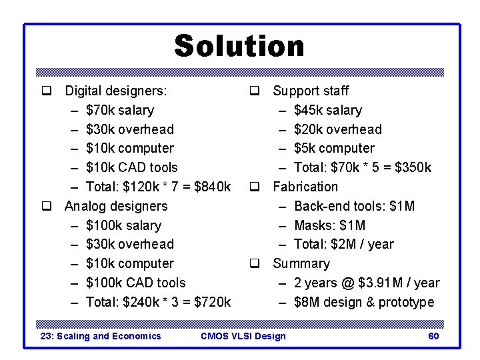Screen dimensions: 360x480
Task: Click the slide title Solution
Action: (x=239, y=46)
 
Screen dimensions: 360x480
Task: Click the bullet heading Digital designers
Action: (x=115, y=91)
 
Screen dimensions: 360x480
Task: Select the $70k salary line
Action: (x=120, y=110)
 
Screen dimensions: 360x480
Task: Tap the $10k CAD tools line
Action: (x=132, y=167)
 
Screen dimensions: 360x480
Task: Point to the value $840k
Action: (x=212, y=187)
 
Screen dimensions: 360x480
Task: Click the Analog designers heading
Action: (x=115, y=206)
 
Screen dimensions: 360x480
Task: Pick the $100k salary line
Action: (x=123, y=225)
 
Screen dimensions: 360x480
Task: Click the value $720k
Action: (x=212, y=302)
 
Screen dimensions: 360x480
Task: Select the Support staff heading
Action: (x=311, y=91)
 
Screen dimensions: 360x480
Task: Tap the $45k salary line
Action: (x=328, y=110)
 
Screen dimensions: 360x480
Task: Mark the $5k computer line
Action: (x=334, y=148)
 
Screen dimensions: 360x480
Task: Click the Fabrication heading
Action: (x=305, y=187)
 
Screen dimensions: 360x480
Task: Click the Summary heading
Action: (x=301, y=263)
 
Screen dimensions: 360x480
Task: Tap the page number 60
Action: (x=433, y=336)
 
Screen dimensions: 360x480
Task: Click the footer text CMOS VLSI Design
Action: (x=243, y=336)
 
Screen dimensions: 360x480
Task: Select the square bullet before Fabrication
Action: (x=255, y=187)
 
